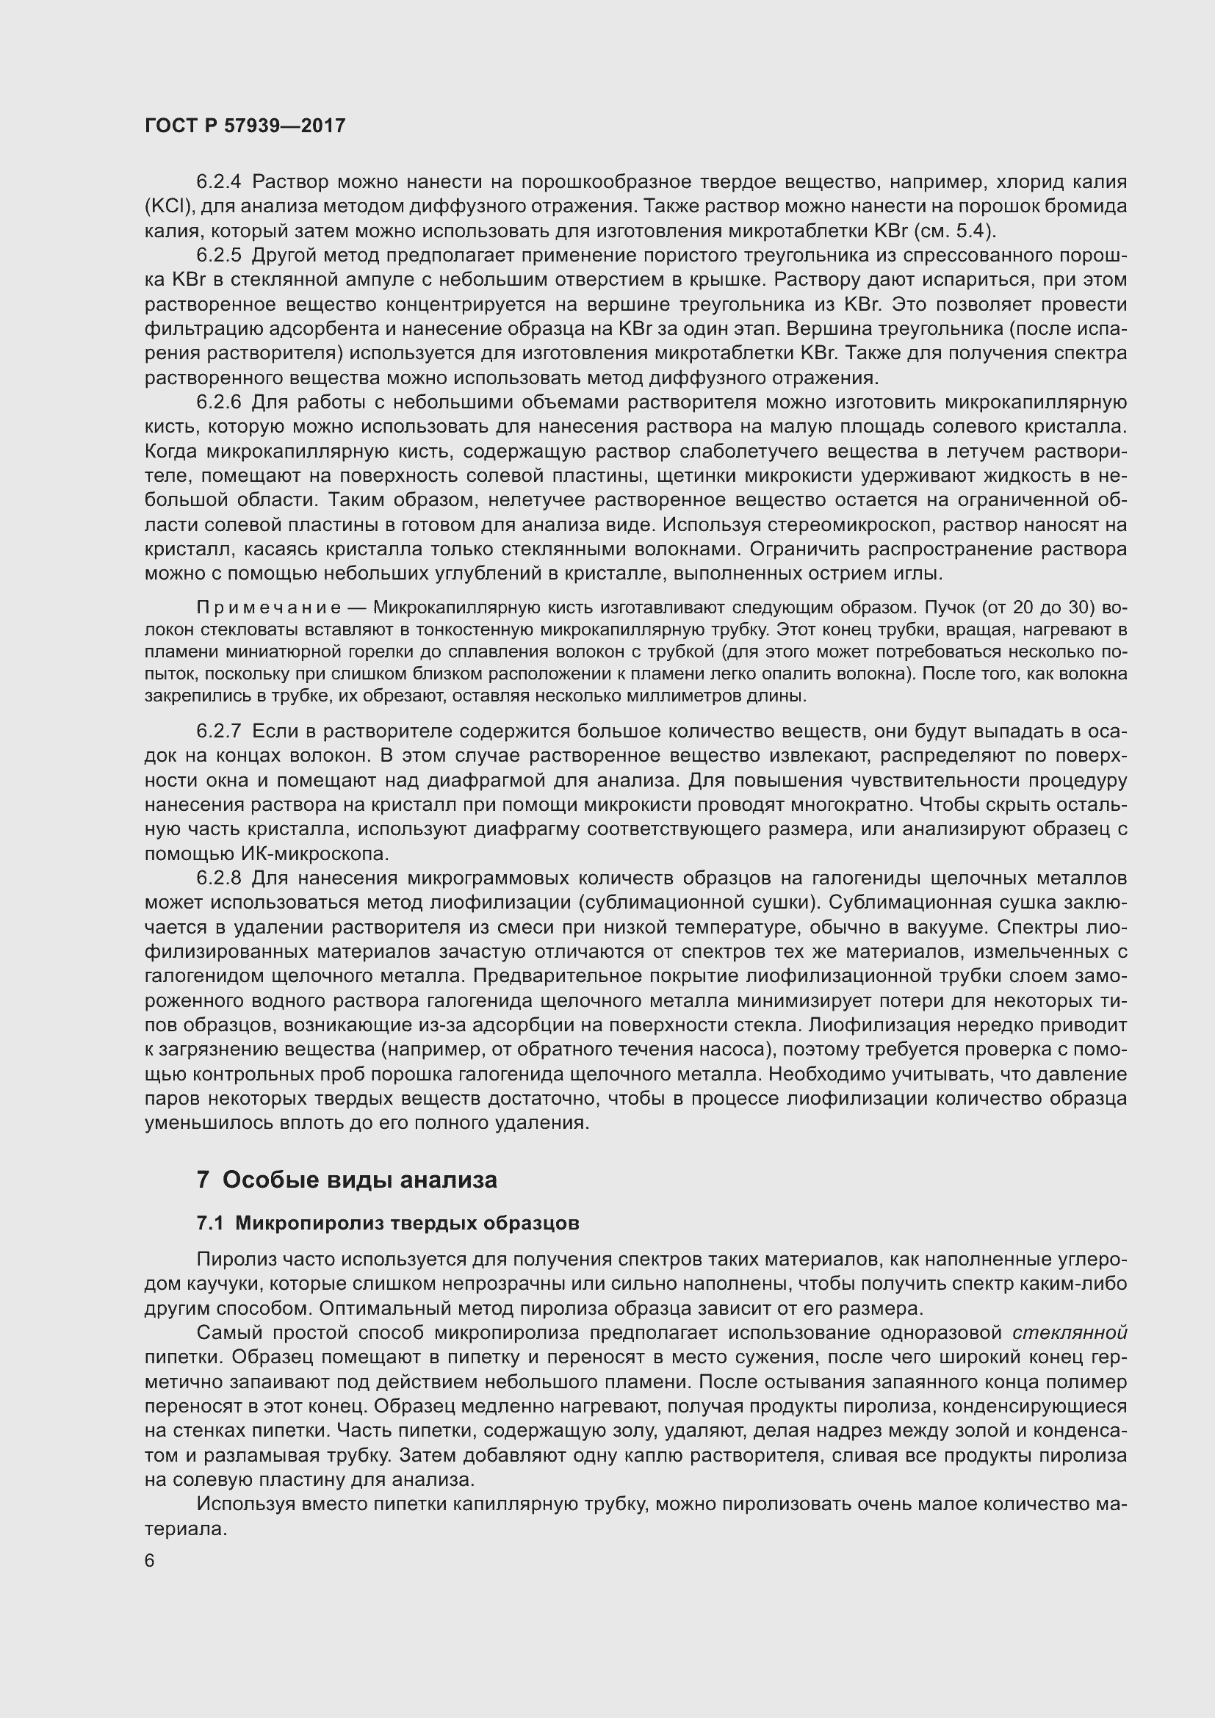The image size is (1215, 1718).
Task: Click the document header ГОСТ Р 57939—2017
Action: (x=245, y=126)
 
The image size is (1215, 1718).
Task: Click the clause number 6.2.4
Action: (x=218, y=182)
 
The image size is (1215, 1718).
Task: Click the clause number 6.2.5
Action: (x=218, y=255)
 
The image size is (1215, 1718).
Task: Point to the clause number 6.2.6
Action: (x=218, y=403)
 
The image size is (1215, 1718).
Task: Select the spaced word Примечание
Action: (x=269, y=607)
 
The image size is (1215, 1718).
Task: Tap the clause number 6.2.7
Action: (x=218, y=731)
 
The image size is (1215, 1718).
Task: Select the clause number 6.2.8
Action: (x=218, y=878)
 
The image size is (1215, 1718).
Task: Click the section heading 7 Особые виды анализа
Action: (x=347, y=1181)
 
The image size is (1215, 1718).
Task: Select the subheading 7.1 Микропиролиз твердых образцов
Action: (x=388, y=1224)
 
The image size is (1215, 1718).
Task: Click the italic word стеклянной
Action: (x=1070, y=1332)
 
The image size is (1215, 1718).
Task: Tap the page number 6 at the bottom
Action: (x=150, y=1561)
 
